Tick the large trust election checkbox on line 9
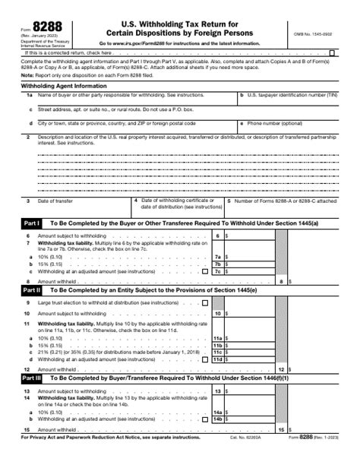click(204, 302)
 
